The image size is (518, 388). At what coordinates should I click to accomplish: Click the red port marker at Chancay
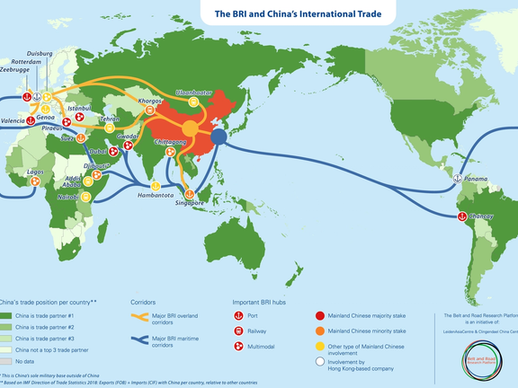point(462,216)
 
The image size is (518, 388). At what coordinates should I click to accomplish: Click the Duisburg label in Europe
point(35,54)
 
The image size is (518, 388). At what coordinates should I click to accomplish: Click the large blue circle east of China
point(219,137)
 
